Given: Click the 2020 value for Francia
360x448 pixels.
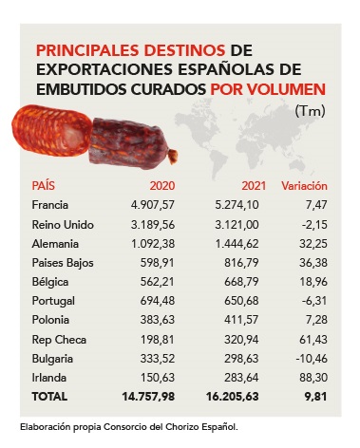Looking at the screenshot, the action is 153,205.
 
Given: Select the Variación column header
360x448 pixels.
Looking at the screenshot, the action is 304,186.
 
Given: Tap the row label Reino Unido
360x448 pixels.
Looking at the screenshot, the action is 63,225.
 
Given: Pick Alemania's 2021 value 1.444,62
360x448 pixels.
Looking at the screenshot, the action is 237,244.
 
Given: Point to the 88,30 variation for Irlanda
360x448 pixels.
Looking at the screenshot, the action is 313,378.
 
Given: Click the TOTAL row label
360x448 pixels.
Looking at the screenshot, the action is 49,397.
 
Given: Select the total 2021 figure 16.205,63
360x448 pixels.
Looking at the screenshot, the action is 233,397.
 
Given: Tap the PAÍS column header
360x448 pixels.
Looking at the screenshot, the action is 44,185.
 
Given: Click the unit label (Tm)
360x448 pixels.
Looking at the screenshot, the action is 310,111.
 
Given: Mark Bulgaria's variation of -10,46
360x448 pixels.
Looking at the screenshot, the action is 312,359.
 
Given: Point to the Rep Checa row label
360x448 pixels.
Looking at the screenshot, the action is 59,340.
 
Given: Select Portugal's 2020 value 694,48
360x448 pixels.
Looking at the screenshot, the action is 158,301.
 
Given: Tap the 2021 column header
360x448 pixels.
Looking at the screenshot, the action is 254,186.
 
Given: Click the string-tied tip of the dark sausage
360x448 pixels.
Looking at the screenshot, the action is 173,157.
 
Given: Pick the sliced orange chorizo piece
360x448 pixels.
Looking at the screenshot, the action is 52,130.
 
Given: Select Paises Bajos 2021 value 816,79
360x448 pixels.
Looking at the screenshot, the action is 241,263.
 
